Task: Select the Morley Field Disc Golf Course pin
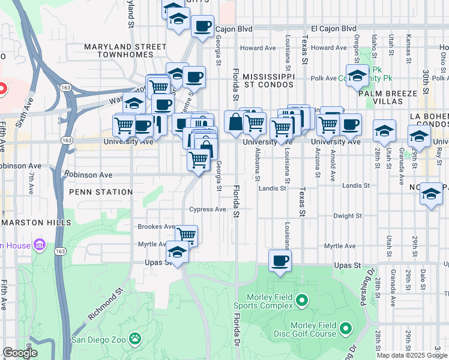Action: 346,328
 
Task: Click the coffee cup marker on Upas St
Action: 280,260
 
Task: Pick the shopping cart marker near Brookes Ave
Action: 187,235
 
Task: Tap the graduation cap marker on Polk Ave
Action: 357,76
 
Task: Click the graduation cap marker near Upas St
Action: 177,252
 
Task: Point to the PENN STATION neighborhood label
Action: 101,192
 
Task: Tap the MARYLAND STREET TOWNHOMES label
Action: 125,50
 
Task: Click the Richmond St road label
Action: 106,304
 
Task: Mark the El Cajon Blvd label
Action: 333,28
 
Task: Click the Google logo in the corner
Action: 19,353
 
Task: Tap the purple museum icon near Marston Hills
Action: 40,244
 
